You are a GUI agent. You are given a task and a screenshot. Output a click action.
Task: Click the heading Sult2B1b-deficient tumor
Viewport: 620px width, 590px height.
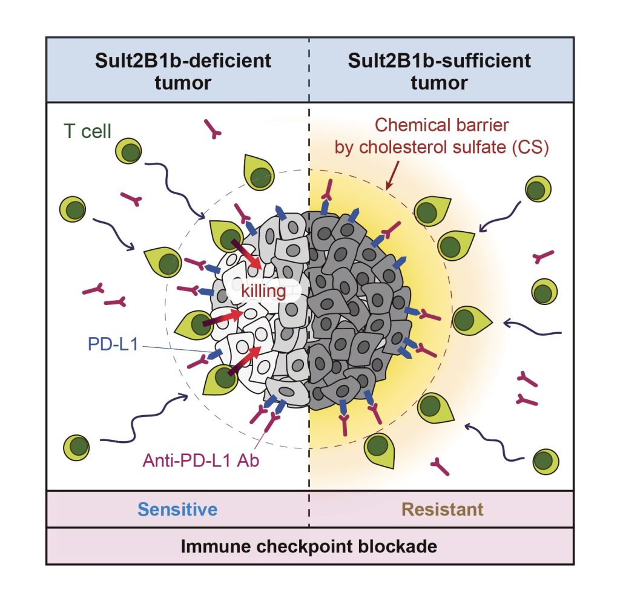(x=183, y=71)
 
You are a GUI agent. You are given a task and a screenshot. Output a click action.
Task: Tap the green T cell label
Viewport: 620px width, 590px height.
(x=88, y=131)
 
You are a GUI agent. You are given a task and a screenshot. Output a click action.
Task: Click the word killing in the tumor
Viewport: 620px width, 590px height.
(x=263, y=291)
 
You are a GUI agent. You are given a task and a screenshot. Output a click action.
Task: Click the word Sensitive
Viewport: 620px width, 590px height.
(x=177, y=509)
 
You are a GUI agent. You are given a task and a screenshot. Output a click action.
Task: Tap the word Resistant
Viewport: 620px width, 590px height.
(x=443, y=509)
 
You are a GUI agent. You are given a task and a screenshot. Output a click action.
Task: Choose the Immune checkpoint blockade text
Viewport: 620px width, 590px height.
(x=309, y=546)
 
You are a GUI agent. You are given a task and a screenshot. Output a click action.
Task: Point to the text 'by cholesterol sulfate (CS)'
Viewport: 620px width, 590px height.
(x=441, y=148)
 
